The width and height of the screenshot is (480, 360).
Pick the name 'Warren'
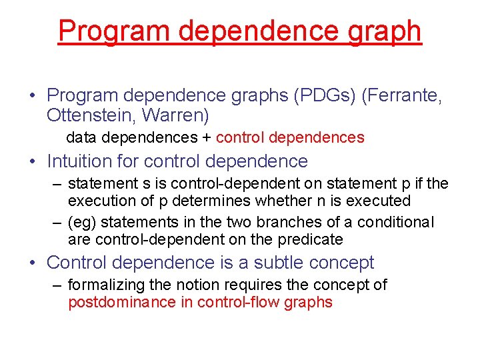pyautogui.click(x=178, y=116)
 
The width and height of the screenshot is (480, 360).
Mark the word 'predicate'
pyautogui.click(x=311, y=239)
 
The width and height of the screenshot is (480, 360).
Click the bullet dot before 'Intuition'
pyautogui.click(x=32, y=161)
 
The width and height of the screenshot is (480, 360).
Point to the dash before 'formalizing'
pyautogui.click(x=59, y=285)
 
